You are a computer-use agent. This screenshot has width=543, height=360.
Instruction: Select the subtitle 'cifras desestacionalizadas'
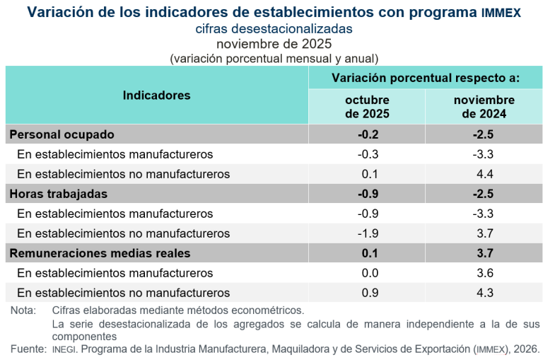[274, 29]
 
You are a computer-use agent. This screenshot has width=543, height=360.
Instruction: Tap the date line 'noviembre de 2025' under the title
[274, 45]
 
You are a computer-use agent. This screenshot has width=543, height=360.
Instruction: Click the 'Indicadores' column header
[156, 95]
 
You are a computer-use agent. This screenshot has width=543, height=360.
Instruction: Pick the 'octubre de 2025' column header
[367, 107]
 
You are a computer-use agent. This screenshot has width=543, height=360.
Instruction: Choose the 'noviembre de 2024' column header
[484, 107]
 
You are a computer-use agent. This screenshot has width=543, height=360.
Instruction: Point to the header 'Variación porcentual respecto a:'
[426, 77]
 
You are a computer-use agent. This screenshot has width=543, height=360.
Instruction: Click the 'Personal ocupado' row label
[62, 134]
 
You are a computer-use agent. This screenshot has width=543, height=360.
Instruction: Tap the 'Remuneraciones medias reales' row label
[100, 253]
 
